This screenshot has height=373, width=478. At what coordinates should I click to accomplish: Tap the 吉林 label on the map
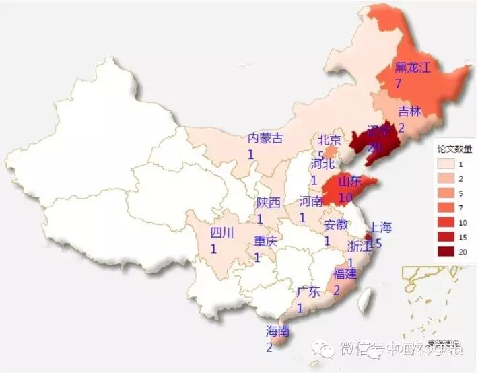click(409, 112)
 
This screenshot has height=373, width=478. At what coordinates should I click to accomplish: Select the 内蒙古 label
click(265, 139)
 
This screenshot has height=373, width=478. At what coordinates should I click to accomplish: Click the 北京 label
click(329, 141)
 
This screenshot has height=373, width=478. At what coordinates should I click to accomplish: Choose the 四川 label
click(222, 234)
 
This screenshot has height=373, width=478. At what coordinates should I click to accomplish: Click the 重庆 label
click(265, 242)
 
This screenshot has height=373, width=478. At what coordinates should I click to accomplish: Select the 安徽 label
click(336, 225)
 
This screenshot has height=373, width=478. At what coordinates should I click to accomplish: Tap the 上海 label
click(380, 227)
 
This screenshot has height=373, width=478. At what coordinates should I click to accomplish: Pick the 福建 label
click(345, 274)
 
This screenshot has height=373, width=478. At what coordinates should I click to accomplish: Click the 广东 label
click(308, 293)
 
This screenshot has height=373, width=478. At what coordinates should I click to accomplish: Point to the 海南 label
click(277, 331)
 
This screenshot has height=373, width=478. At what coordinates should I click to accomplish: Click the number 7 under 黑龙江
click(399, 83)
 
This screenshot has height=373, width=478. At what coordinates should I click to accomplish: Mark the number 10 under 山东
click(345, 197)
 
